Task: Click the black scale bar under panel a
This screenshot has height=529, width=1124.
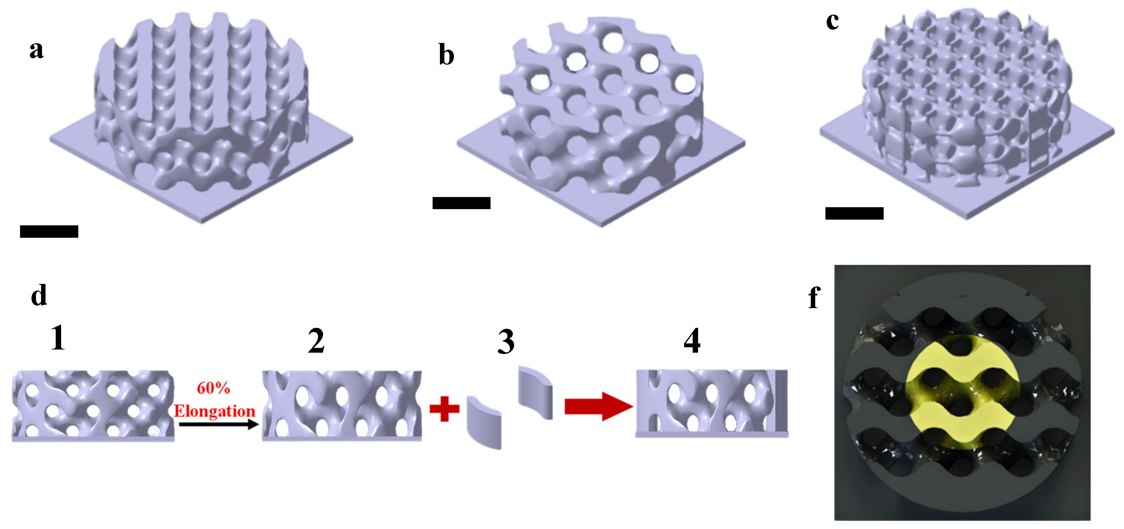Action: (x=49, y=231)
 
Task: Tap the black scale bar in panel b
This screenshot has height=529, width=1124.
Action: (x=461, y=203)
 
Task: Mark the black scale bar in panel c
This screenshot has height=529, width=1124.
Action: (x=854, y=214)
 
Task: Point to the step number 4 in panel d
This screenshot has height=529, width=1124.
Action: (x=692, y=341)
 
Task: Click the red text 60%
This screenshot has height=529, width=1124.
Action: (x=213, y=388)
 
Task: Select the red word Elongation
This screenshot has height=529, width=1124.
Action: (x=214, y=411)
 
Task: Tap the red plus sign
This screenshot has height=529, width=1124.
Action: (x=444, y=409)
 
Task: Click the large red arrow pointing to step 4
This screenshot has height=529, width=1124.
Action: (x=598, y=406)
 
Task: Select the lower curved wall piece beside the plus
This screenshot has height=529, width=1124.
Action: (x=484, y=422)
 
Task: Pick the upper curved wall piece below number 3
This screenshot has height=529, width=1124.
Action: (x=535, y=393)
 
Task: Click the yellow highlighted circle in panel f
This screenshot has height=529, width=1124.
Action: (x=962, y=391)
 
